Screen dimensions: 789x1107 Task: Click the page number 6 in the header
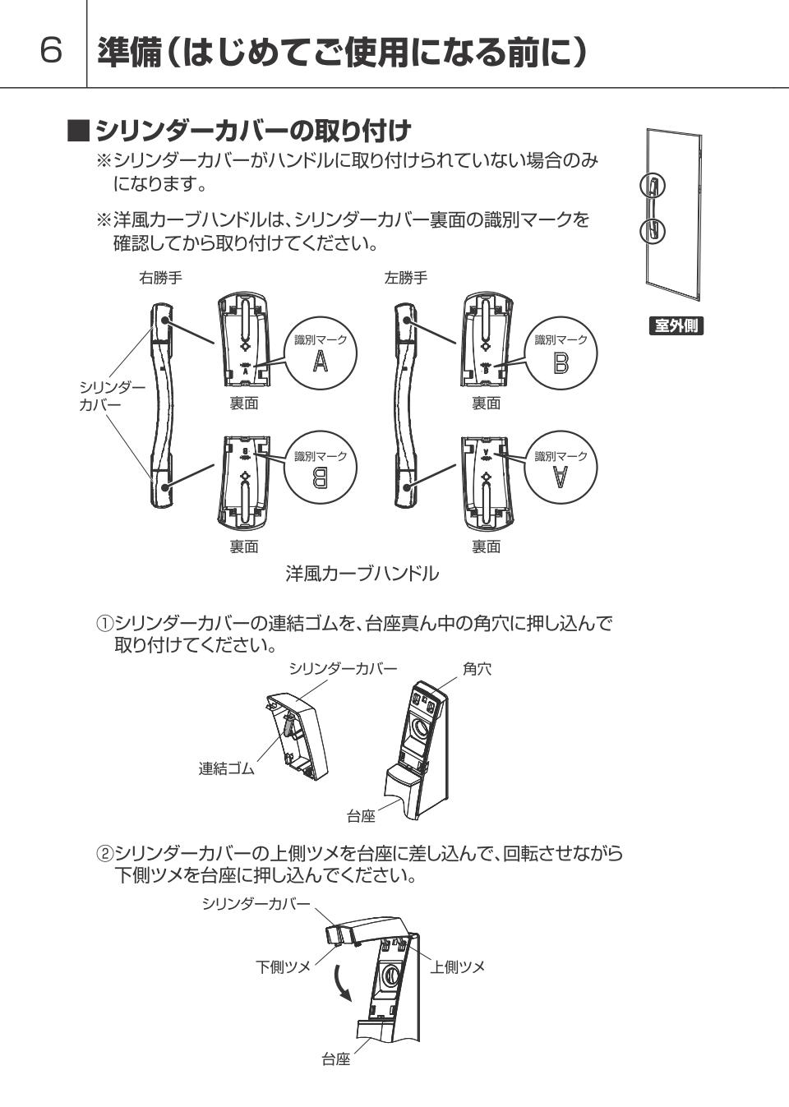52,50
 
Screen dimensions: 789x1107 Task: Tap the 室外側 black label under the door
676,325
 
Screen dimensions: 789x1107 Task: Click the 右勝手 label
160,278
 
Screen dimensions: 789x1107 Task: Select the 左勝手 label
406,278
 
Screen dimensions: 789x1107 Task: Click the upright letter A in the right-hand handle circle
320,362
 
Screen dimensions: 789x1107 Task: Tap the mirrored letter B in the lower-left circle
320,477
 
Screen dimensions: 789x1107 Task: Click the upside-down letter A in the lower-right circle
561,477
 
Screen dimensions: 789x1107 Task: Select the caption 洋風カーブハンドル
362,574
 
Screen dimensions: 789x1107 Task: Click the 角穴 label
477,670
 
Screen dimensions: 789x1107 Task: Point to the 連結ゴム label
226,768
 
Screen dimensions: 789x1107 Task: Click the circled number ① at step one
105,623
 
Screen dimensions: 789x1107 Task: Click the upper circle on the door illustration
653,186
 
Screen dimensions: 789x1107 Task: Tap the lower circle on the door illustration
653,231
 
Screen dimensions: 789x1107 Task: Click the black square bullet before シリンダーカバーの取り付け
78,131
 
